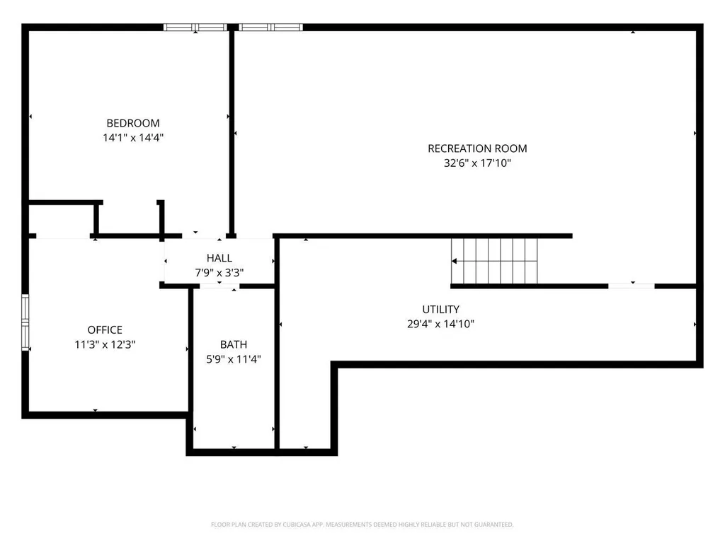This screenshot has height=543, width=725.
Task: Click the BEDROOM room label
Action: click(x=133, y=123)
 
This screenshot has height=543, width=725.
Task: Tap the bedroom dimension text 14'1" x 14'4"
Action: click(x=133, y=138)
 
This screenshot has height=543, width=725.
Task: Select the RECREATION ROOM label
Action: click(x=477, y=148)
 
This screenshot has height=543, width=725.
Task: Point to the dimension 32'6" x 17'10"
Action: click(x=477, y=163)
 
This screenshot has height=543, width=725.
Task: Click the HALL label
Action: click(x=219, y=258)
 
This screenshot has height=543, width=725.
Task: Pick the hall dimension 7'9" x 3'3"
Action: click(x=219, y=272)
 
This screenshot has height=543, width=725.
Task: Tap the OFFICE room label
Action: click(x=105, y=329)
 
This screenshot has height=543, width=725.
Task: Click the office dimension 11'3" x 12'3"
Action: click(x=105, y=344)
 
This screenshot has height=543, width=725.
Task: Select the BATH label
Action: click(x=234, y=344)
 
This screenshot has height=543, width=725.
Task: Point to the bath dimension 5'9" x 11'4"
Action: click(x=234, y=358)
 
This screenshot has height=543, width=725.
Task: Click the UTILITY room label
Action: click(x=440, y=310)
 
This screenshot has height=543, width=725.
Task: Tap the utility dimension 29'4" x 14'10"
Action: click(x=440, y=324)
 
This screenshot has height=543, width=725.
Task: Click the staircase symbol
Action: click(x=494, y=261)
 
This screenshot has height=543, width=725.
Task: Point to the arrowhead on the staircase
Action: click(x=454, y=262)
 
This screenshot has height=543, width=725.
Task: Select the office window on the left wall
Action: click(x=25, y=322)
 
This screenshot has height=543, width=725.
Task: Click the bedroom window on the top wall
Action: click(x=195, y=28)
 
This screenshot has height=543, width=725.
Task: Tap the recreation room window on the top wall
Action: click(x=270, y=28)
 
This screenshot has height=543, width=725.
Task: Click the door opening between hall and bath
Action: click(x=219, y=287)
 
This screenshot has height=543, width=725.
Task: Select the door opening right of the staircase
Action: click(x=631, y=286)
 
